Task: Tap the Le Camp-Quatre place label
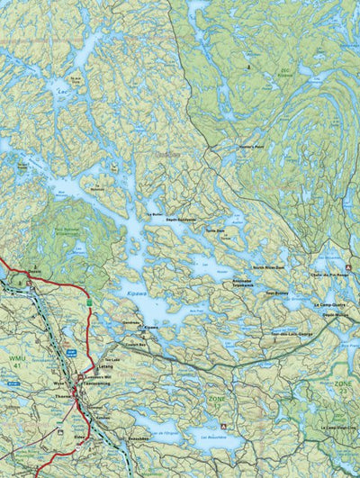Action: click(329, 305)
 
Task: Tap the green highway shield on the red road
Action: click(90, 301)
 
